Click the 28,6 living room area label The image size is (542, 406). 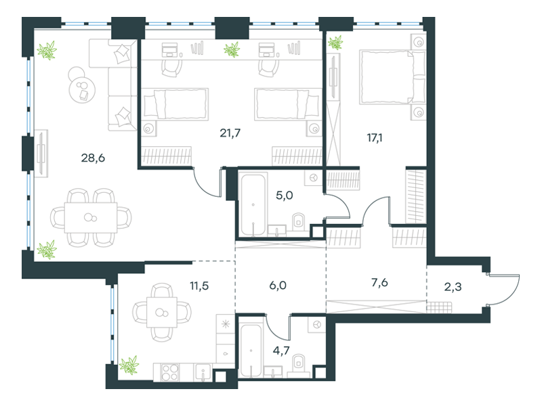pos(93,158)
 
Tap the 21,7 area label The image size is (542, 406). pos(230,133)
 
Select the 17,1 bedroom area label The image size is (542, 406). pos(375,138)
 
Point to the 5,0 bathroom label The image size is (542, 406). pos(284,196)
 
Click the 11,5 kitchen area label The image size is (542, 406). pos(199,286)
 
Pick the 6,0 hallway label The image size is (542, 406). pos(278,286)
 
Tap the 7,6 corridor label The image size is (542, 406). pos(379,283)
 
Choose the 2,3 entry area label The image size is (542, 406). pos(453,287)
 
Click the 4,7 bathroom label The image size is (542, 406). pos(281,351)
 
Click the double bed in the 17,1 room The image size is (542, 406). pos(392,77)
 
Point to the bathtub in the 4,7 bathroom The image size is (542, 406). pos(251,351)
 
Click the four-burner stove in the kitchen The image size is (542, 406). pos(170,372)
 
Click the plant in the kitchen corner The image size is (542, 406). pos(129,365)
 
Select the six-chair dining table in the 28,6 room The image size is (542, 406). pos(91,217)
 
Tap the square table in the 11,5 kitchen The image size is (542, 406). pos(162,312)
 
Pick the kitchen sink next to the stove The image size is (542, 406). pos(203,372)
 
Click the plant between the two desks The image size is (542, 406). pos(232,49)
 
